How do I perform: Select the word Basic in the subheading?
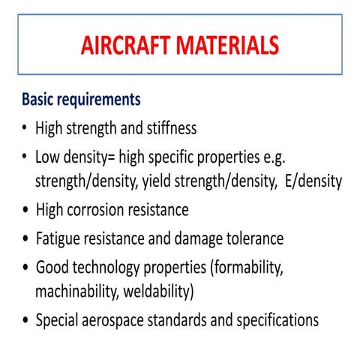40,99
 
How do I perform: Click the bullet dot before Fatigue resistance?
25,240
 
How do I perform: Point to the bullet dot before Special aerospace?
25,321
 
